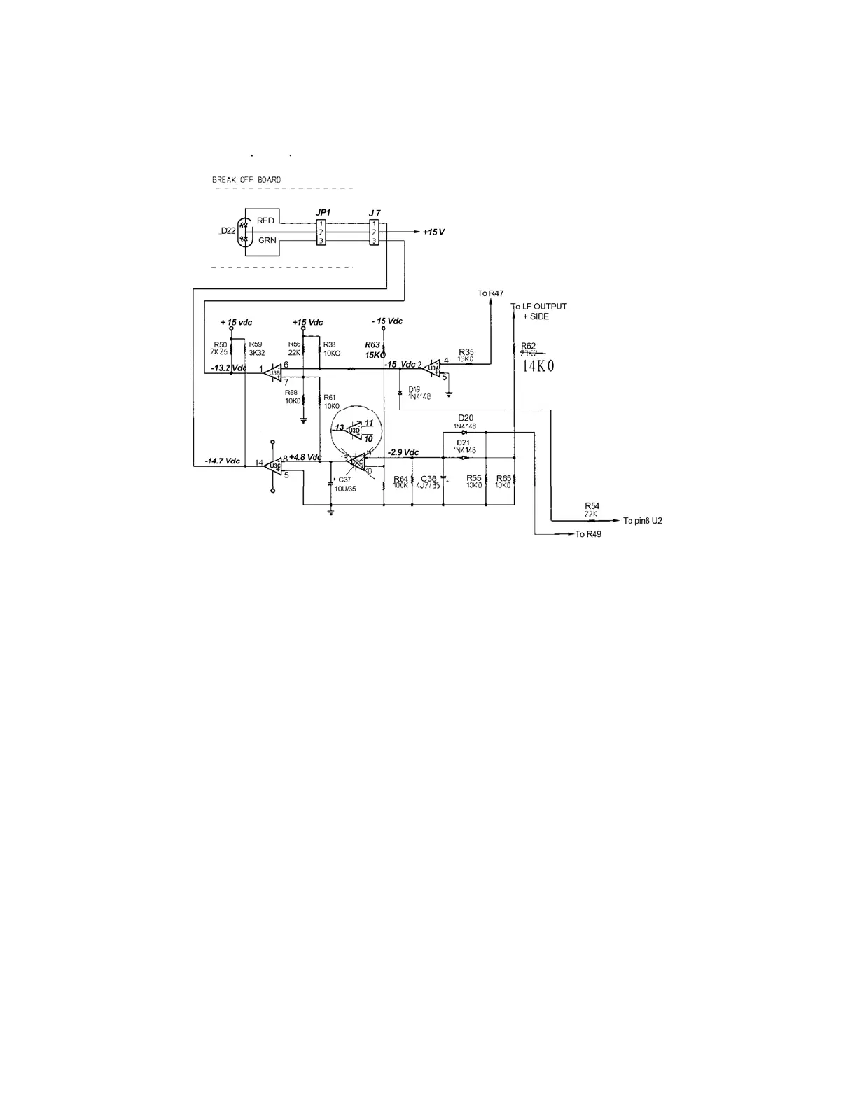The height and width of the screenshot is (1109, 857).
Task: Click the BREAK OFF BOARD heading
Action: [x=246, y=180]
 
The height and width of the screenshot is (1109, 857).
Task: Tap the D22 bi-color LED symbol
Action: [x=244, y=230]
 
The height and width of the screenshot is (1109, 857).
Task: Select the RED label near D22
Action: [x=265, y=221]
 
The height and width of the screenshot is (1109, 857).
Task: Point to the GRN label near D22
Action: [x=267, y=240]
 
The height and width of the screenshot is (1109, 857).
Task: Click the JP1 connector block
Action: [x=321, y=232]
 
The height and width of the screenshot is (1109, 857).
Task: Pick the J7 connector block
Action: [x=374, y=232]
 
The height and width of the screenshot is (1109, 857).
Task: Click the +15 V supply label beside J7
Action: [x=433, y=232]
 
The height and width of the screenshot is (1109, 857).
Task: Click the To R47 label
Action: [x=490, y=293]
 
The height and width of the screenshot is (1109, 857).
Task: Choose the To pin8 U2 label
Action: [x=642, y=521]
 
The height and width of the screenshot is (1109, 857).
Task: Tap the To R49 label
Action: [x=587, y=534]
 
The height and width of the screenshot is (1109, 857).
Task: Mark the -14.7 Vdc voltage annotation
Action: [x=222, y=461]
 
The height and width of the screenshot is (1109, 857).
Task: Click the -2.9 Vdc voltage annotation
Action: [x=403, y=452]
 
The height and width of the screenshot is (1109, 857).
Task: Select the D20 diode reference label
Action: [x=466, y=418]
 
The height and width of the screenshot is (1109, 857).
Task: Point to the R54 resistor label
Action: [x=592, y=505]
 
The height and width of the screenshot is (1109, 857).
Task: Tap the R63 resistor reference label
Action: [x=372, y=344]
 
